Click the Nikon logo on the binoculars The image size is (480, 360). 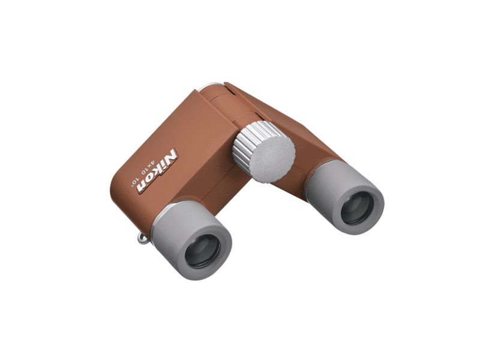click(x=157, y=170)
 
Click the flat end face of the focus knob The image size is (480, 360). click(x=272, y=159)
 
